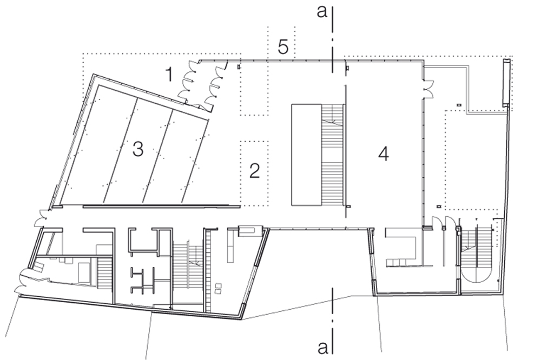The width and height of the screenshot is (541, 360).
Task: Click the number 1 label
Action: (169, 75)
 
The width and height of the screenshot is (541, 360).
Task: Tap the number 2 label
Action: (255, 171)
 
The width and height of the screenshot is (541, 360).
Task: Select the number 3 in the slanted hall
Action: (137, 149)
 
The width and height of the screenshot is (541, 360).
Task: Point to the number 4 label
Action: (384, 154)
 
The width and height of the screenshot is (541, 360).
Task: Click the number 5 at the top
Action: (283, 46)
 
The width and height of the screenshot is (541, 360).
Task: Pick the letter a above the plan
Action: (322, 12)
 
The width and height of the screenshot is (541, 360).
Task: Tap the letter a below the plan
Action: (322, 348)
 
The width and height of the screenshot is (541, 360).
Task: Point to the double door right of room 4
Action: (429, 89)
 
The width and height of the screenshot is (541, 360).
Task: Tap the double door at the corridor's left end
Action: (41, 218)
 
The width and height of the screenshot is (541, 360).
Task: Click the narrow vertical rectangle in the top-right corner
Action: (506, 83)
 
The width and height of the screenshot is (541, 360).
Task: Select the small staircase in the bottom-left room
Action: (104, 274)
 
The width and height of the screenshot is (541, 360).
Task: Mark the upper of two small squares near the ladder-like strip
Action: (217, 285)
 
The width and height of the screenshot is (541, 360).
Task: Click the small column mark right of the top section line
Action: (348, 68)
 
